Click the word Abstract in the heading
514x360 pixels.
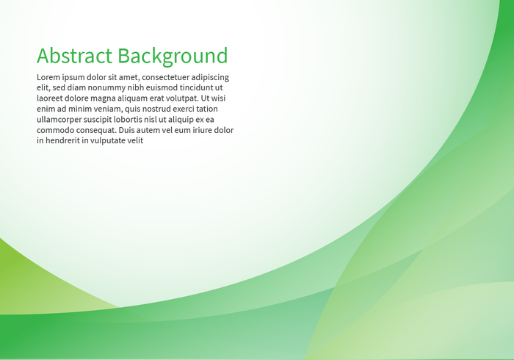74,56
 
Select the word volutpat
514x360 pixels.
181,98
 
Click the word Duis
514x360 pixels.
127,130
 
